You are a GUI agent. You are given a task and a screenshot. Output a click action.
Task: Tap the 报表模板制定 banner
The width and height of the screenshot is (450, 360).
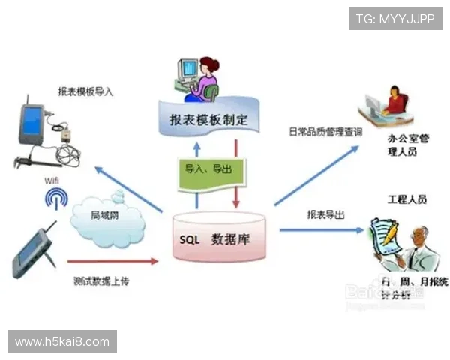coord(204,118)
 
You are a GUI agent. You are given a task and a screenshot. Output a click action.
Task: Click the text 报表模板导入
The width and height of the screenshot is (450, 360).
coord(85,91)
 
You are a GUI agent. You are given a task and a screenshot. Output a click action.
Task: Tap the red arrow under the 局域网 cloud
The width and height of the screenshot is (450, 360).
coord(112,261)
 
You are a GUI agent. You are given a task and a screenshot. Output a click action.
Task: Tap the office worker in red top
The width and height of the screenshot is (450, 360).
coord(389,108)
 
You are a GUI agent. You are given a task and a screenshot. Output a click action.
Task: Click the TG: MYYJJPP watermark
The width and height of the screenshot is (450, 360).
coord(394,18)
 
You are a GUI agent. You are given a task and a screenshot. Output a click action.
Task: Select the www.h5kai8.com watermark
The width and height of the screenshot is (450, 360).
coord(62,342)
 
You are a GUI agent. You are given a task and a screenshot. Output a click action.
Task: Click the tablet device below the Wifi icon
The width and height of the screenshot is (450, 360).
coord(35,252)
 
